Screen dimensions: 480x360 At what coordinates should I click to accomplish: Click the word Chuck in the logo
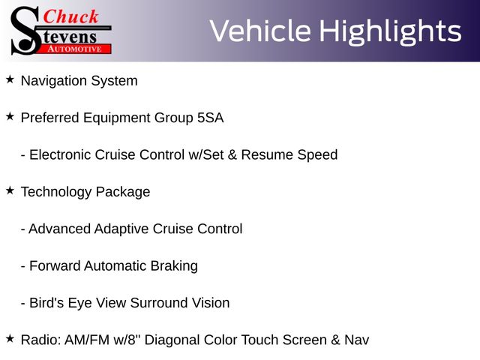point(70,16)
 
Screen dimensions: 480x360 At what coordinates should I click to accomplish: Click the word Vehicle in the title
point(260,31)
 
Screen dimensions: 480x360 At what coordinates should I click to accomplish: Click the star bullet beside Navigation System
point(10,79)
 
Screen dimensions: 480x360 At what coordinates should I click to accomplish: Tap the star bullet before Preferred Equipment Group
point(10,117)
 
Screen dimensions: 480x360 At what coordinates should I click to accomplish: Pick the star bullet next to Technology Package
point(10,190)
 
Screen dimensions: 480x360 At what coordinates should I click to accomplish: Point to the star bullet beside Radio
point(10,339)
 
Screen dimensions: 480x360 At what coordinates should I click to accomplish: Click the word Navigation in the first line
point(54,82)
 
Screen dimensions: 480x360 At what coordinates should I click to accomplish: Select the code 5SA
point(210,118)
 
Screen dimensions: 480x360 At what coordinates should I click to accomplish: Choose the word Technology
point(56,193)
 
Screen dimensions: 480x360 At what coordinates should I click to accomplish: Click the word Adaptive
point(121,229)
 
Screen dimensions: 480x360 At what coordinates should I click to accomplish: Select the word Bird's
point(46,303)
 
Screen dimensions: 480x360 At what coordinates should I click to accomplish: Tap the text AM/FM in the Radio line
point(87,340)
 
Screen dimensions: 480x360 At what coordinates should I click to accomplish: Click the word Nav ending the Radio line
point(357,340)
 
